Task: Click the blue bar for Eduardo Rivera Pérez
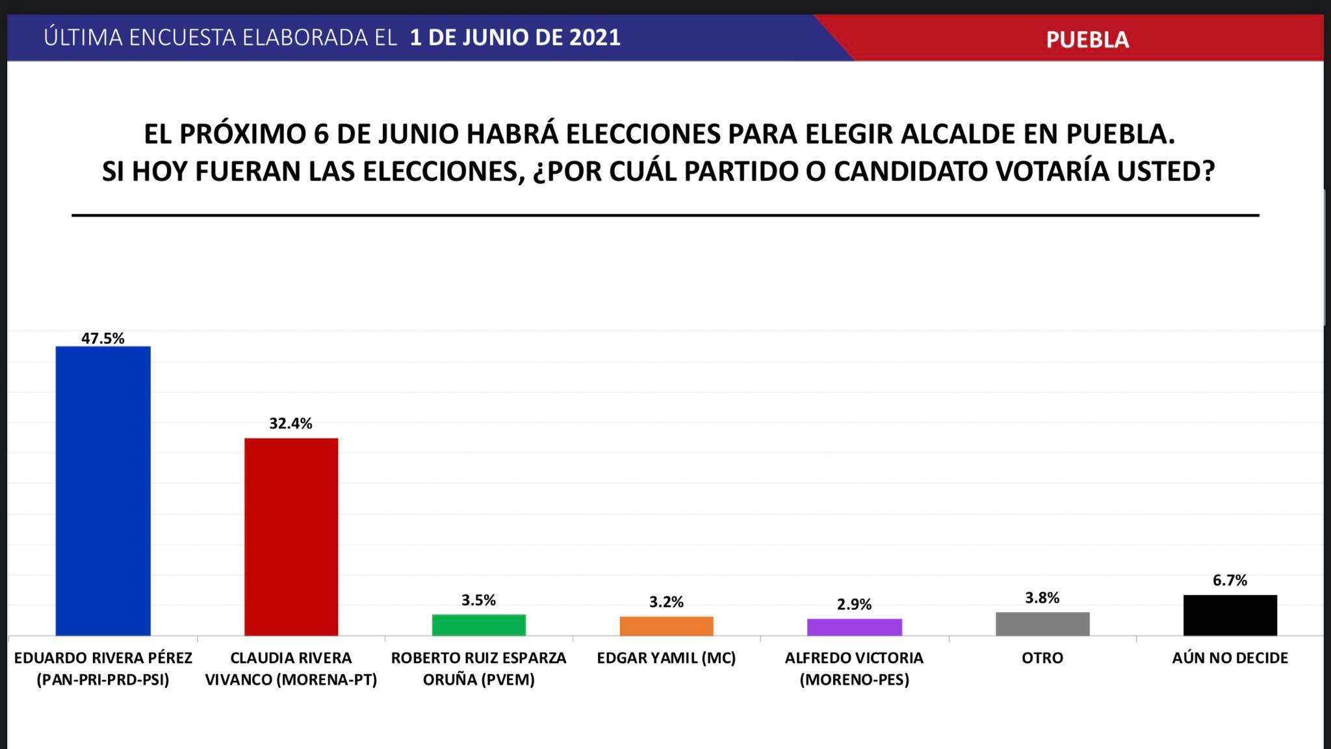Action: pyautogui.click(x=103, y=491)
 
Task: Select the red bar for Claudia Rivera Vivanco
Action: pyautogui.click(x=291, y=536)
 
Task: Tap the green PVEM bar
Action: pyautogui.click(x=479, y=625)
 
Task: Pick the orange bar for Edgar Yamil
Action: pyautogui.click(x=666, y=626)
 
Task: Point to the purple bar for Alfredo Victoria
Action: pyautogui.click(x=854, y=627)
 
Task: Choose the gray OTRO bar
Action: pyautogui.click(x=1042, y=624)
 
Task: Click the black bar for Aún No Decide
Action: pyautogui.click(x=1230, y=615)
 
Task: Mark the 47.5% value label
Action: pyautogui.click(x=103, y=338)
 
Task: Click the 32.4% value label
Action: pyautogui.click(x=291, y=424)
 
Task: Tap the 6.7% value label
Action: pyautogui.click(x=1230, y=581)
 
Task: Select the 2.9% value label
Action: pyautogui.click(x=854, y=605)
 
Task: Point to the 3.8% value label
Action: pyautogui.click(x=1042, y=598)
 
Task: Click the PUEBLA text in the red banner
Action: pyautogui.click(x=1087, y=40)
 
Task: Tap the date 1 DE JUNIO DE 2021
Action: pyautogui.click(x=515, y=37)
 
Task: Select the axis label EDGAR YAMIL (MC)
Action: pyautogui.click(x=666, y=658)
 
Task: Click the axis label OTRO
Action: pyautogui.click(x=1042, y=658)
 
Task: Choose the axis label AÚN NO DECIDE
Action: pyautogui.click(x=1230, y=658)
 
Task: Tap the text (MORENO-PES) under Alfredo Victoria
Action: pyautogui.click(x=854, y=680)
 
